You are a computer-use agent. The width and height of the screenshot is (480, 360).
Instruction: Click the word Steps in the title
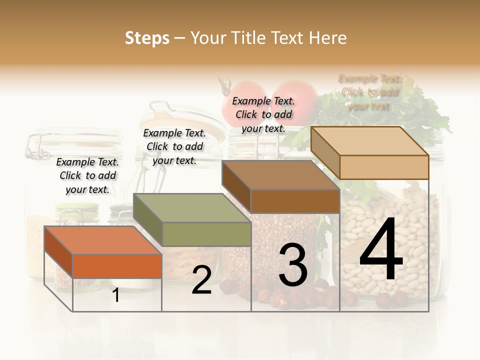pos(147,38)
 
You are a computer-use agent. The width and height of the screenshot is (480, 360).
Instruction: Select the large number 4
pos(381,249)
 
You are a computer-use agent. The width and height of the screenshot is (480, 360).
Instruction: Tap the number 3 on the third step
pos(292,264)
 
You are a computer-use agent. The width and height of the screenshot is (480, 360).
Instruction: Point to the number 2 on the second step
pos(201,280)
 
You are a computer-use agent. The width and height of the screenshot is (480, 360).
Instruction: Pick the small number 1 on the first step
pos(116,295)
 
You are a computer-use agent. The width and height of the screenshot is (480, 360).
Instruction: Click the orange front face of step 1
pos(117,266)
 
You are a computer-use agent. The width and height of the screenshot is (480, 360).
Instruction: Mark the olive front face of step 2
pos(206,234)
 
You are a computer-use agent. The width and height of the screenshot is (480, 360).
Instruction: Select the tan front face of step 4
pos(384,167)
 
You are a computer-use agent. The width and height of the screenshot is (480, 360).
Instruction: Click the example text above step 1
pos(87,175)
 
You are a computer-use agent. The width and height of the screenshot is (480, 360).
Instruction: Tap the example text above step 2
pos(174,146)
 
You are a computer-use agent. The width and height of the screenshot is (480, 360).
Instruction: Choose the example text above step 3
pos(263,114)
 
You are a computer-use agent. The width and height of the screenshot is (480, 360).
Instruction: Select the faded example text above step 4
pos(369,92)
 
